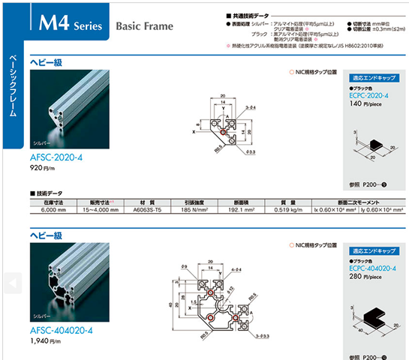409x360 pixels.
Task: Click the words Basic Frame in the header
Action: coord(144,26)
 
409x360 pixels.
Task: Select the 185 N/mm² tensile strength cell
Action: coord(192,211)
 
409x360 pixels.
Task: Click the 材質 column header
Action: coord(147,202)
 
